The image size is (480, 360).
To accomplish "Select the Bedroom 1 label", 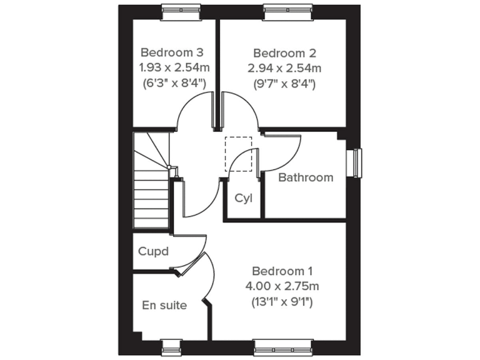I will coord(282,271).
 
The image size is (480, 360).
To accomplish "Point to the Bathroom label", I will coord(306,177).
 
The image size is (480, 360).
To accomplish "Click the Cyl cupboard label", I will coord(243,198).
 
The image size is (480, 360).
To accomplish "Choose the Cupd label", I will coord(154,251).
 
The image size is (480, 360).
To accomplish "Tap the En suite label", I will coord(164,306).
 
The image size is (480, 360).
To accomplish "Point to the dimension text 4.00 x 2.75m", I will coord(282,287).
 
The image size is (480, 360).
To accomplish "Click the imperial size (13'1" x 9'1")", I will coord(282,302).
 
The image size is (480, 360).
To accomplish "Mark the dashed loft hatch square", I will coord(238,154).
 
